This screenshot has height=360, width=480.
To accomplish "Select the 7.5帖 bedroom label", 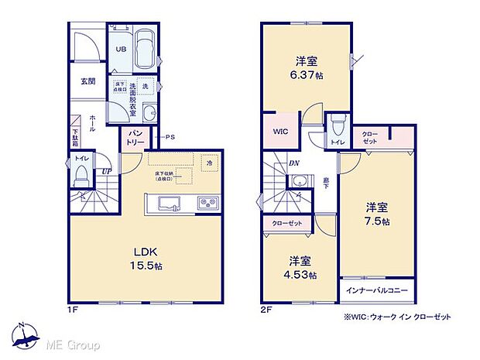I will tap(378, 214).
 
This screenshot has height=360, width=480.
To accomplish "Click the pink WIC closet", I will tap(279, 132).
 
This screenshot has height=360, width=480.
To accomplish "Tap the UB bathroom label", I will tap(121, 49).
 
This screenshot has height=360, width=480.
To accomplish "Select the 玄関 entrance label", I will tap(87, 81).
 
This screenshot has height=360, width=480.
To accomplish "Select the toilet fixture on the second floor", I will tap(337, 129).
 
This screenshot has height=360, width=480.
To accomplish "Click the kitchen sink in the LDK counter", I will tap(169, 204).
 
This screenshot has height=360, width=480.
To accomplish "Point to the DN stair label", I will tap(295, 163).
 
